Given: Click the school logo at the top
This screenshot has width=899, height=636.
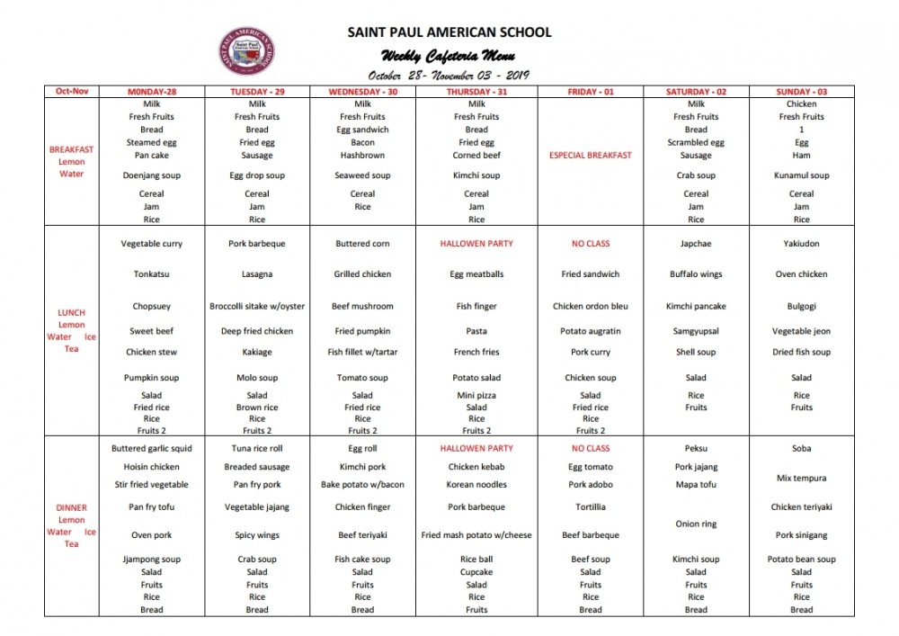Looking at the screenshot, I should point(246,51).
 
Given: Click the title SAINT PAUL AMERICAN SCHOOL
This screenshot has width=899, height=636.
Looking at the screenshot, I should point(449,32).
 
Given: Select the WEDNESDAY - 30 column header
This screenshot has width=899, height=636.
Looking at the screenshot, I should point(362,92).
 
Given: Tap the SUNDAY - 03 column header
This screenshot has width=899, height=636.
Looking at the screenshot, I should point(801,92).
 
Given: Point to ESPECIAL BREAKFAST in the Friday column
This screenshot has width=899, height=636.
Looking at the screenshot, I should point(590,155).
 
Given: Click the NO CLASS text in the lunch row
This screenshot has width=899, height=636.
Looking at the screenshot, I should point(590,244).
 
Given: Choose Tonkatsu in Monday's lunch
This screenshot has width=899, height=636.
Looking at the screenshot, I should point(152,274).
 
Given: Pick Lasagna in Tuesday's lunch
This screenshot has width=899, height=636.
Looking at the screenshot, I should point(257,274).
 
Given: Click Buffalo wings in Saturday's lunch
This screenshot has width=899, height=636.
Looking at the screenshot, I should point(696,274).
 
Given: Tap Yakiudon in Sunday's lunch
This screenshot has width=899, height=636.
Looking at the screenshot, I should point(801,244).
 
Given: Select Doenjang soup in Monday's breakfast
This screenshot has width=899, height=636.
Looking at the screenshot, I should point(152,175).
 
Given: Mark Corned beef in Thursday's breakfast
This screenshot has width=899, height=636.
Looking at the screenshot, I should point(476,155).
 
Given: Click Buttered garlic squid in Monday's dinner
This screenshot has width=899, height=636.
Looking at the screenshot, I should point(152,448).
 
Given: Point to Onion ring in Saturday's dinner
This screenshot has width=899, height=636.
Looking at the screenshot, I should point(696,524).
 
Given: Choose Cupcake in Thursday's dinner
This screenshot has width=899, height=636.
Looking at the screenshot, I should point(476,572).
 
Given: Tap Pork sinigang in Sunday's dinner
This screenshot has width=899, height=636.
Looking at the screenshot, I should point(801,535).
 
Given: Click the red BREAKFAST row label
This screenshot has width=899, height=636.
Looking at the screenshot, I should point(71,149).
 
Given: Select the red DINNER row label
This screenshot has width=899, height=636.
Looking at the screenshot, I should point(71,507).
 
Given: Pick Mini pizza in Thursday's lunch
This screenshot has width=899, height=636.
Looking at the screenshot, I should point(476,395).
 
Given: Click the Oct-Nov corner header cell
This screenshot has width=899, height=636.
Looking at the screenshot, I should point(71,92).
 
